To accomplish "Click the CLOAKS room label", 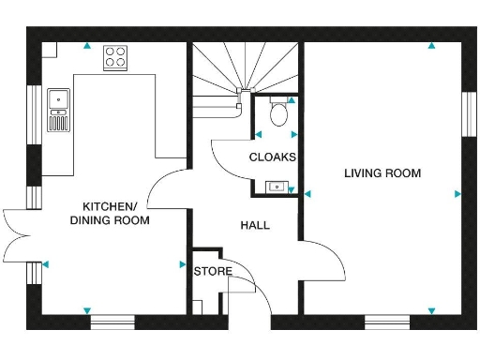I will coord(273,157).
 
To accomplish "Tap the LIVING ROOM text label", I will coord(382,173).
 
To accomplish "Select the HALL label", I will coord(255,226).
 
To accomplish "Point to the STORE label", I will coord(212,272).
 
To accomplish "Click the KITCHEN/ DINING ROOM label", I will coord(111,213).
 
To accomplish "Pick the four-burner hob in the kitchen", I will coord(116,56).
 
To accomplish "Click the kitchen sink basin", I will coord(59,97).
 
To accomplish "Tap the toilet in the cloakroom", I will coord(277,114).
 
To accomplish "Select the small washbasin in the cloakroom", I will coord(277,187).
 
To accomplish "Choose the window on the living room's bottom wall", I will coord(387,322).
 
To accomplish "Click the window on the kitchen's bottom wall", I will coord(112,322).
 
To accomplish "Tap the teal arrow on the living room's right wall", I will coord(457,194).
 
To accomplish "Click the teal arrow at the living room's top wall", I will coord(431,44).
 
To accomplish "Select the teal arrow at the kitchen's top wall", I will coord(86,44).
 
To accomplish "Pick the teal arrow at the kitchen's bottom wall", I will coord(86,310).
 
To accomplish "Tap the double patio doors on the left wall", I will coord(17,233).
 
